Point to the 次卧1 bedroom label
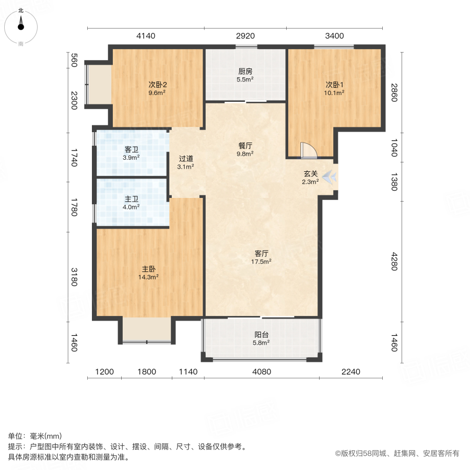(334, 85)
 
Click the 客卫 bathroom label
(131, 149)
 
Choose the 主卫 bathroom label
(131, 199)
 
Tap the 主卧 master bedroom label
(149, 269)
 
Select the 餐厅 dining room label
(245, 146)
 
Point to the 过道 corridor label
(186, 159)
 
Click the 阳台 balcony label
(262, 335)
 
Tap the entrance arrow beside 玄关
(330, 178)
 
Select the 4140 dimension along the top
(146, 36)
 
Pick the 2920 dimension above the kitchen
(245, 36)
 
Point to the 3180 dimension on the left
(74, 277)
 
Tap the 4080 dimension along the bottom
(261, 372)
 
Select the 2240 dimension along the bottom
(351, 372)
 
